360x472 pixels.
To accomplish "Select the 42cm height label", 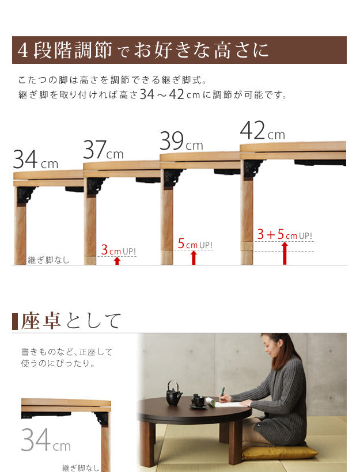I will [262, 131].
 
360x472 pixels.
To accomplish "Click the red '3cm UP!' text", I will [119, 250].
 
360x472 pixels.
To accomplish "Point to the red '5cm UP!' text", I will [195, 245].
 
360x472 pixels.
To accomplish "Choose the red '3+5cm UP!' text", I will [285, 235].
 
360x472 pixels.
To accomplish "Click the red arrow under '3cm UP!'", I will [117, 261].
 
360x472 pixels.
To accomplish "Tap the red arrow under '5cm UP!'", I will [194, 257].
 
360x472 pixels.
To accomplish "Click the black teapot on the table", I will [174, 394].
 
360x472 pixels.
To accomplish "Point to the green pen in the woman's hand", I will [223, 393].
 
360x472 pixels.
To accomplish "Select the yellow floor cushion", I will [279, 452].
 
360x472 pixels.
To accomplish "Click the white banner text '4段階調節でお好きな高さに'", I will [143, 51].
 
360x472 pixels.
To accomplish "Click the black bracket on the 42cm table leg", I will [253, 168].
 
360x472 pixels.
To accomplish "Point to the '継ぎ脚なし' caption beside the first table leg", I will [48, 260].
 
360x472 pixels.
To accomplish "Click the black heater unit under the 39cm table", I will [227, 172].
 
